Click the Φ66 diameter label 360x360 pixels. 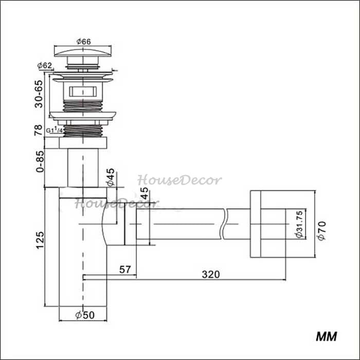pos(83,42)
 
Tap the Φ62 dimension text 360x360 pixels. pos(45,65)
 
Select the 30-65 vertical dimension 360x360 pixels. pos(39,94)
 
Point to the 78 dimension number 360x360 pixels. pos(39,130)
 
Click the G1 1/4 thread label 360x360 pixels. pos(54,130)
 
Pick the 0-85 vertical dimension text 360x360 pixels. pos(40,161)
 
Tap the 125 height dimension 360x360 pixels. pos(40,240)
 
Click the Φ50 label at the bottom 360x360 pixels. pos(85,315)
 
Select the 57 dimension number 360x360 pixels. pos(125,269)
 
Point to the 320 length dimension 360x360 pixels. pos(211,274)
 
